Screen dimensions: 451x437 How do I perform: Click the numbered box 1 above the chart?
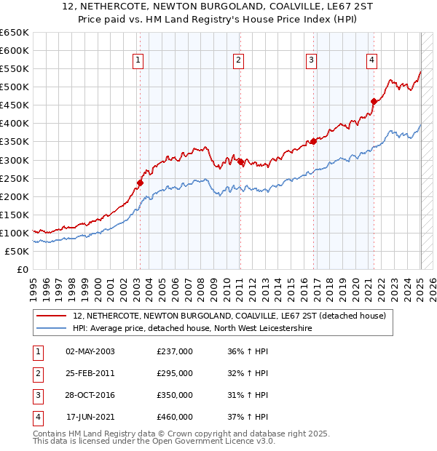(x=138, y=60)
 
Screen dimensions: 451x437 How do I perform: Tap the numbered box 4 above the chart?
(x=371, y=60)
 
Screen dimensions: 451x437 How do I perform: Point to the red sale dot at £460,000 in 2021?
(x=374, y=101)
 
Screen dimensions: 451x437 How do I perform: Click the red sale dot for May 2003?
(x=140, y=183)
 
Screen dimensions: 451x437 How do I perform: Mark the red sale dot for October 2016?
(x=313, y=141)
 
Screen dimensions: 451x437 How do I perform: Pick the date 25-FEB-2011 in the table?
(x=90, y=373)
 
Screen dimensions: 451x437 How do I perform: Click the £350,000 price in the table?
(x=175, y=395)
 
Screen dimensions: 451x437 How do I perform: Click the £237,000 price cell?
(x=175, y=351)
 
